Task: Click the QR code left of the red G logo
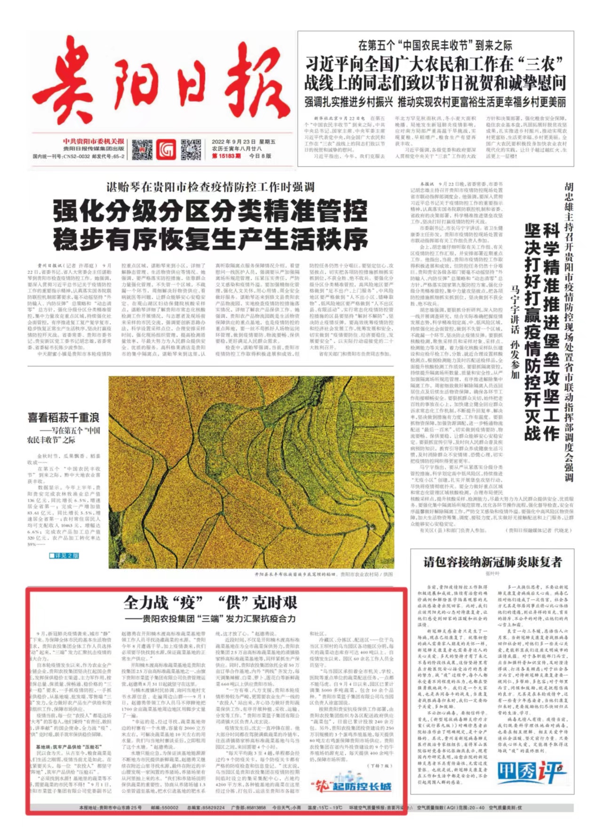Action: coord(142,149)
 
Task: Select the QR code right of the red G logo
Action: coord(191,149)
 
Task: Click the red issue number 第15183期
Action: coord(226,156)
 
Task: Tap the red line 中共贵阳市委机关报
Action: coord(94,141)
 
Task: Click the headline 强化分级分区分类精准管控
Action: coord(210,211)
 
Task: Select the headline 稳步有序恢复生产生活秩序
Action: coord(210,240)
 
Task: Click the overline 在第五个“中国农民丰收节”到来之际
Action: coord(435,46)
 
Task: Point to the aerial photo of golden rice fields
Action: coord(251,472)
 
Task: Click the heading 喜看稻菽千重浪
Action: coord(63,417)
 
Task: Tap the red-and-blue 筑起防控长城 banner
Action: coord(351,786)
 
